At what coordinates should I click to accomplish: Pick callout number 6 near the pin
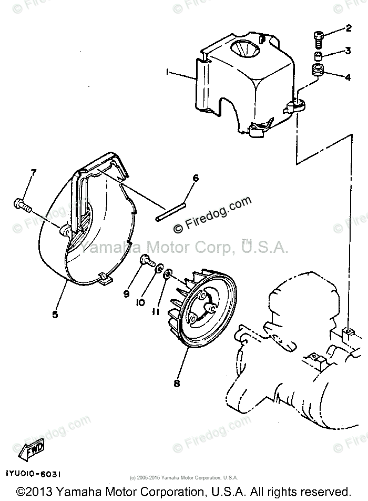196,179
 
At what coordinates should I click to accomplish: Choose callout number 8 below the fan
177,384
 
